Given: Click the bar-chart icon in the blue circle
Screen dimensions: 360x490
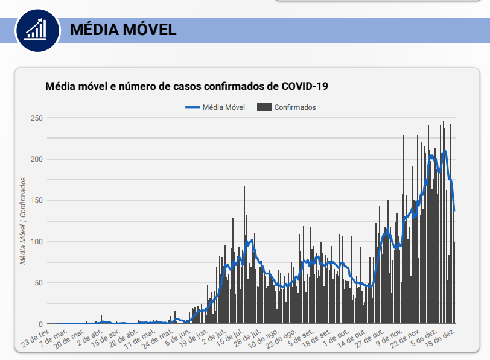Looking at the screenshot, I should [x=37, y=28].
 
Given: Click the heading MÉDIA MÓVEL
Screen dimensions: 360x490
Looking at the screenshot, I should [x=123, y=30].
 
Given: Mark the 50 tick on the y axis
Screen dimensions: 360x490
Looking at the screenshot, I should [x=38, y=283].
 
